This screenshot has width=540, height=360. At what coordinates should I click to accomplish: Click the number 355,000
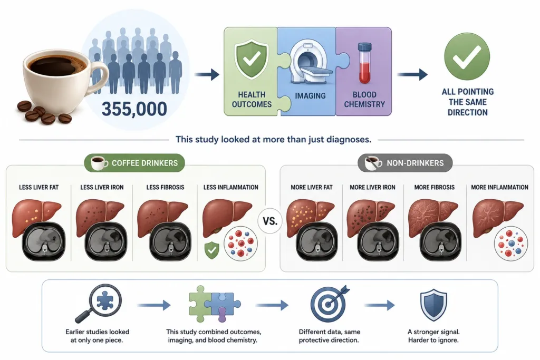(134, 109)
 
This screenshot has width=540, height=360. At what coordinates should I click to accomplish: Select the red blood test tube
(364, 63)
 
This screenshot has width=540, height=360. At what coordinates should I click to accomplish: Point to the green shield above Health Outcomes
(252, 59)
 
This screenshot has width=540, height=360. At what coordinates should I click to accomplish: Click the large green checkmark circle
(467, 57)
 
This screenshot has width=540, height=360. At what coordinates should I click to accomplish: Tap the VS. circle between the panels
(270, 221)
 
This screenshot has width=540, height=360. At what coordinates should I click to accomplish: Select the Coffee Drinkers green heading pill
(134, 163)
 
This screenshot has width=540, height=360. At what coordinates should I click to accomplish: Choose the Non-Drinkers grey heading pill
(406, 163)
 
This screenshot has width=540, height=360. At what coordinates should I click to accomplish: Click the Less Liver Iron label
(102, 187)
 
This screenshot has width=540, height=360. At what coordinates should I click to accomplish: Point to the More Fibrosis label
(435, 187)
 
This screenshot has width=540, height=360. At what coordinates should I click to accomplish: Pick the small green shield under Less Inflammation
(211, 250)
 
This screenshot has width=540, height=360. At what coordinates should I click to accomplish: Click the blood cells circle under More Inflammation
(510, 244)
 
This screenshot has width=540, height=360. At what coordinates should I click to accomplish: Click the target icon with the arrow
(330, 303)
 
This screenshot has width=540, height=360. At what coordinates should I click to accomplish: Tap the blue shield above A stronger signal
(433, 305)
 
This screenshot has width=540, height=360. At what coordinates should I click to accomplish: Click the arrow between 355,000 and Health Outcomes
(207, 74)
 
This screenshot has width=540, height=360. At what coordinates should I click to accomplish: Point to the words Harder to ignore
(433, 340)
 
